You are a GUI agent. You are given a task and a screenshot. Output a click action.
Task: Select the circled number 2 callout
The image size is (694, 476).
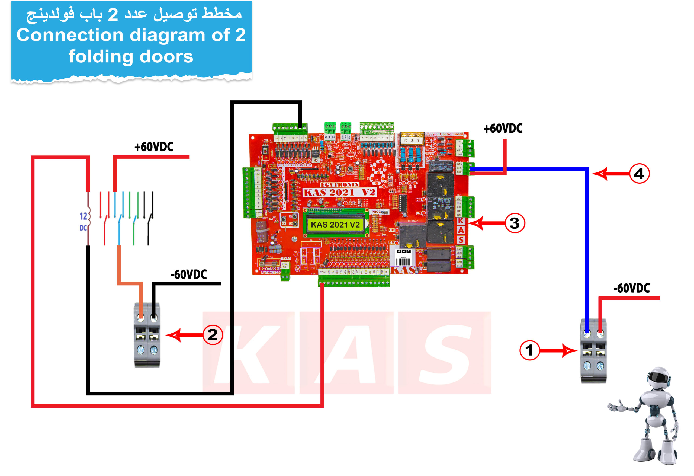click(213, 335)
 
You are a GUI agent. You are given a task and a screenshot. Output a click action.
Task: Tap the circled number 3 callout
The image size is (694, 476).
click(515, 223)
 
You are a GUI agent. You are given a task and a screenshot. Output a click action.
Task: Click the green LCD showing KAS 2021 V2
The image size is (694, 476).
click(335, 225)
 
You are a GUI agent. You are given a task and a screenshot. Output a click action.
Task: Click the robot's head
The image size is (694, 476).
click(659, 379)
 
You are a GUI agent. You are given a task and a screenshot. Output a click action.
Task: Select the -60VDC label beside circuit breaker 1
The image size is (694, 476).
click(631, 288)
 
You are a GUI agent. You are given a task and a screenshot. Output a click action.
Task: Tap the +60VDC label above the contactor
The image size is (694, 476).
click(154, 147)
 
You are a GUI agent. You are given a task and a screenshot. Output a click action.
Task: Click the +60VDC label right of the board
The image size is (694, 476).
click(503, 129)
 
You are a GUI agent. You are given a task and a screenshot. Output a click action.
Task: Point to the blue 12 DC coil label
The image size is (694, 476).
click(83, 222)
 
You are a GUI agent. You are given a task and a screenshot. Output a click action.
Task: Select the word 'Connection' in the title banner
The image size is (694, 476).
click(70, 35)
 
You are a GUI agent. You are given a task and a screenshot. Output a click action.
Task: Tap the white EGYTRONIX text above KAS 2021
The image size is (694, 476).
click(339, 185)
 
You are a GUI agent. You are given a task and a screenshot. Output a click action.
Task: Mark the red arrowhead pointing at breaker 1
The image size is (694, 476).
click(569, 350)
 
